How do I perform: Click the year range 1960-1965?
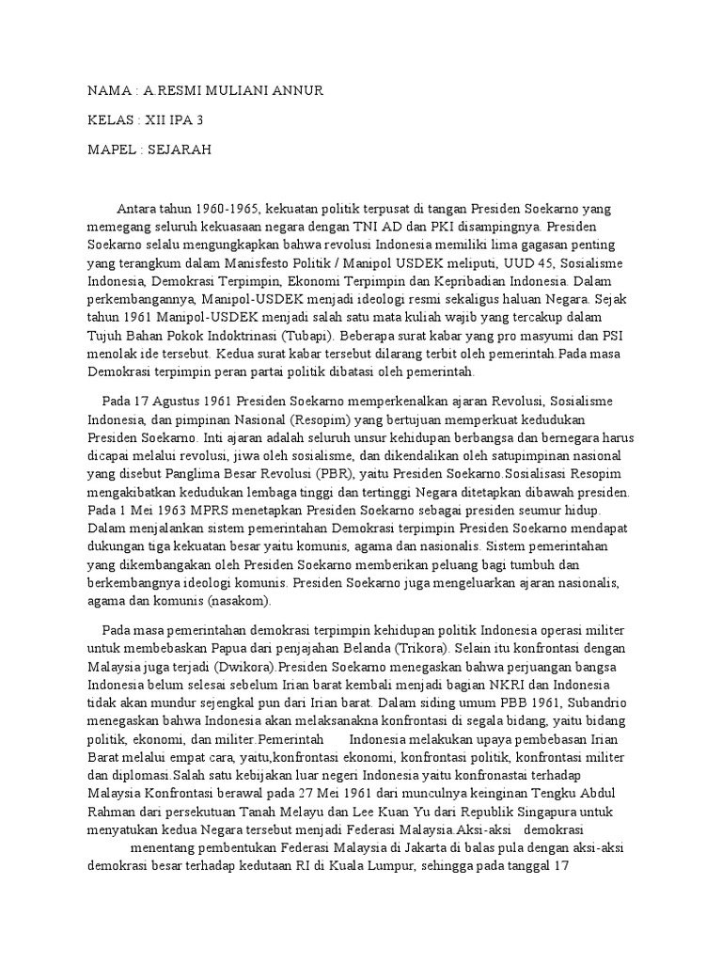pos(226,209)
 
